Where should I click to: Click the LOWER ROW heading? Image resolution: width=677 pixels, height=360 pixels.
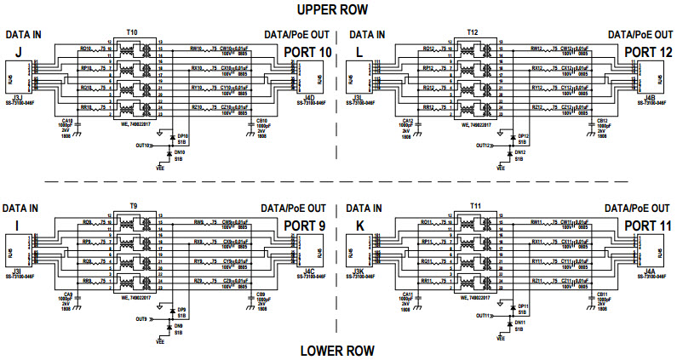coord(338,350)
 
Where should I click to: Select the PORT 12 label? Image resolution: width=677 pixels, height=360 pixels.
coord(647,53)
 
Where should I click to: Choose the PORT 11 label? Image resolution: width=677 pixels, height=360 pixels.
coord(647,226)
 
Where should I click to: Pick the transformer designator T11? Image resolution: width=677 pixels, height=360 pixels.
coord(473,206)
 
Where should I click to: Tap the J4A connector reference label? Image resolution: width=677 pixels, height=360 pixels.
coord(650,271)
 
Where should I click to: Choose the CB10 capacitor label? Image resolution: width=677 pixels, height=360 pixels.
coord(261,121)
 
